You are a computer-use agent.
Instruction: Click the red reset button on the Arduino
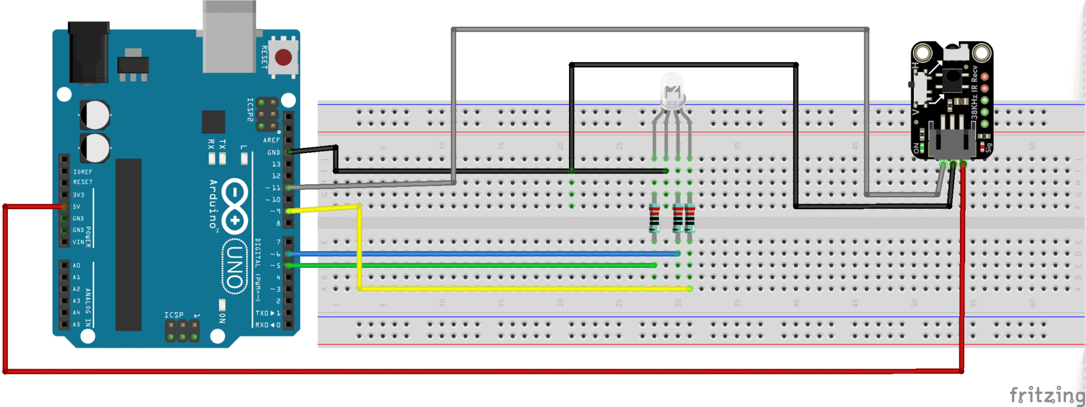[283, 57]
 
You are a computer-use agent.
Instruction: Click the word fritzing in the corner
[1046, 395]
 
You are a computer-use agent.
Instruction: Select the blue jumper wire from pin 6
[481, 254]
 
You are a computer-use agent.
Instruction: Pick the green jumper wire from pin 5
[469, 265]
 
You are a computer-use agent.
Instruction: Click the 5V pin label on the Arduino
[76, 206]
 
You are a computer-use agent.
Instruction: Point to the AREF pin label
[271, 140]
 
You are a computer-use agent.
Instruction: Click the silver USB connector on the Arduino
[229, 37]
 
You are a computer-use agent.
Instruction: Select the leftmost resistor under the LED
[654, 218]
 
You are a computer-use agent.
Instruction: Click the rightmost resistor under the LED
[689, 218]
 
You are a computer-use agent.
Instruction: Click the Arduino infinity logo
[234, 206]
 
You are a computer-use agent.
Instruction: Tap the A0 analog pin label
[76, 266]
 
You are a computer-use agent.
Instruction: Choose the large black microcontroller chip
[128, 244]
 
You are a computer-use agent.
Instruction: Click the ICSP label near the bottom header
[174, 315]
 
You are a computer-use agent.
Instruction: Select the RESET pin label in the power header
[83, 182]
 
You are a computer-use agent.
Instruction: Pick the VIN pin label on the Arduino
[78, 242]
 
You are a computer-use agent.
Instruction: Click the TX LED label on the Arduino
[222, 144]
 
